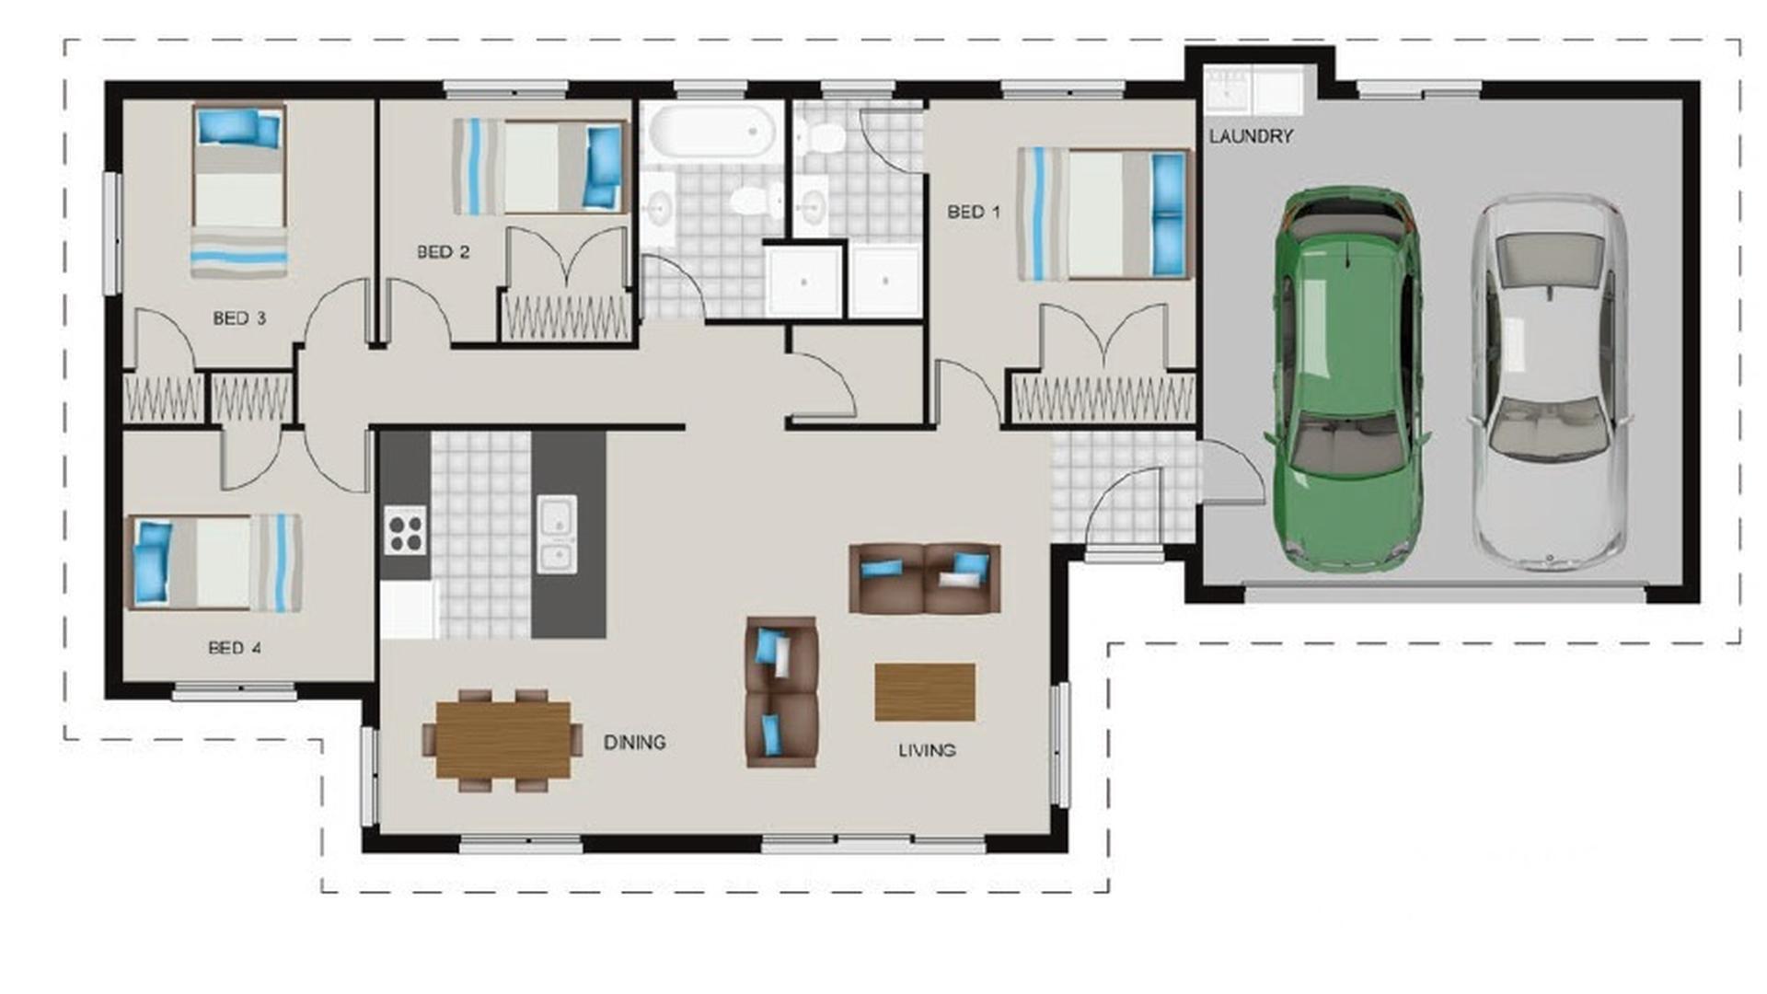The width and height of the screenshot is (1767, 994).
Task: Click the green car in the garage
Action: [1346, 377]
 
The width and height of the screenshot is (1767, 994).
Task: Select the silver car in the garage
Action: [1549, 382]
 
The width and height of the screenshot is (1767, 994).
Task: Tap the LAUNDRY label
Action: [1251, 136]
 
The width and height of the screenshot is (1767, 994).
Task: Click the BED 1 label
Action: [974, 212]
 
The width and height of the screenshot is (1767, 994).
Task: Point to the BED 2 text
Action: [444, 251]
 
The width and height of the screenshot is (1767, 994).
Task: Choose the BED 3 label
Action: [239, 318]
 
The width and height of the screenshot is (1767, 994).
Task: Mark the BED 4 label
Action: [235, 647]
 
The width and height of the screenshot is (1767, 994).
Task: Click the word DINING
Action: [634, 742]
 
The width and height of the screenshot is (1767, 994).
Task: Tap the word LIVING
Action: [927, 750]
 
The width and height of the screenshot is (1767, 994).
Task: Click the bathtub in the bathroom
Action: [711, 131]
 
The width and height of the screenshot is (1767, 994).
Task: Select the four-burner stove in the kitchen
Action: [405, 531]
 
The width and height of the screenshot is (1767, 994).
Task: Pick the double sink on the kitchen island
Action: [557, 534]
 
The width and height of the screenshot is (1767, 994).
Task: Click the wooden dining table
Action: [502, 740]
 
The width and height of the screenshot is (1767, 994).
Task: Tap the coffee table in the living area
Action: [924, 692]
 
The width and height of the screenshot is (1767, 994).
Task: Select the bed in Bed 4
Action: [214, 562]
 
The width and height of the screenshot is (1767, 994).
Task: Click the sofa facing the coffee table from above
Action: [924, 578]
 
